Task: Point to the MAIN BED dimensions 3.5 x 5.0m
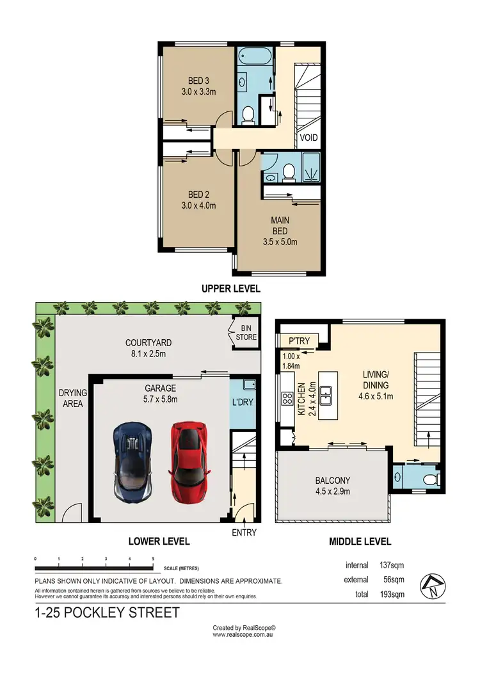tap(280, 241)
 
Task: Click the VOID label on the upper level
tap(309, 138)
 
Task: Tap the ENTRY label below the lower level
tap(244, 532)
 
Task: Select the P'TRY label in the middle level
tap(299, 341)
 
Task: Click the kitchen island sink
tap(327, 395)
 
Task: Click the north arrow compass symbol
tap(432, 585)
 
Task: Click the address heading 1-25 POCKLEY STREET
tap(107, 613)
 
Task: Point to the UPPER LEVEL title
tap(231, 289)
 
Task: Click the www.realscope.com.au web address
tap(244, 635)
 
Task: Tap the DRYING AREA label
tap(72, 398)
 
